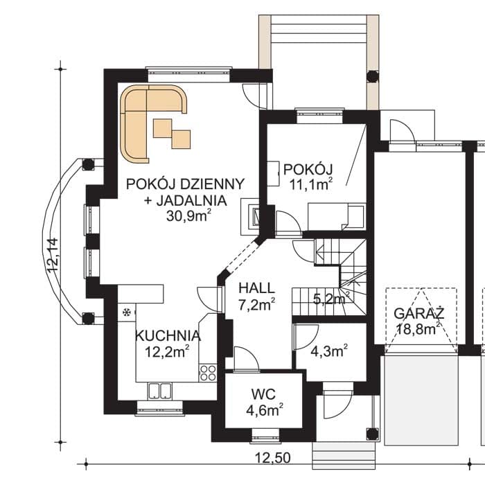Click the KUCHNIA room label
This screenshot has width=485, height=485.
[168, 336]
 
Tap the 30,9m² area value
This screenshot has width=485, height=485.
[188, 215]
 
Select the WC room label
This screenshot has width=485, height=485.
[263, 395]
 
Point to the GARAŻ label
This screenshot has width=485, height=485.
[419, 314]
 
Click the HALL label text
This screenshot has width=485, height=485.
[257, 288]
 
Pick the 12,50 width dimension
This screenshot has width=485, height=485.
[273, 458]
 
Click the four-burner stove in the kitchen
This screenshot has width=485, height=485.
[208, 373]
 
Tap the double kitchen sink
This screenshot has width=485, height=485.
[159, 391]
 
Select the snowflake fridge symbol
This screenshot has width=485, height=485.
[127, 312]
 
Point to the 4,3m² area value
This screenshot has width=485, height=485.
[329, 351]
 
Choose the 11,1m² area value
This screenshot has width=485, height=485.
[310, 184]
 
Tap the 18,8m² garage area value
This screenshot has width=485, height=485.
[418, 328]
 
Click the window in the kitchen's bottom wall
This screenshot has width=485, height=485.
[159, 409]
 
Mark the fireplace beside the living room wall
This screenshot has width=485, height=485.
[250, 216]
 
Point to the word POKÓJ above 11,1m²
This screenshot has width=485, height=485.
[308, 170]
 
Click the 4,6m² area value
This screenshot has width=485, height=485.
[265, 410]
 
